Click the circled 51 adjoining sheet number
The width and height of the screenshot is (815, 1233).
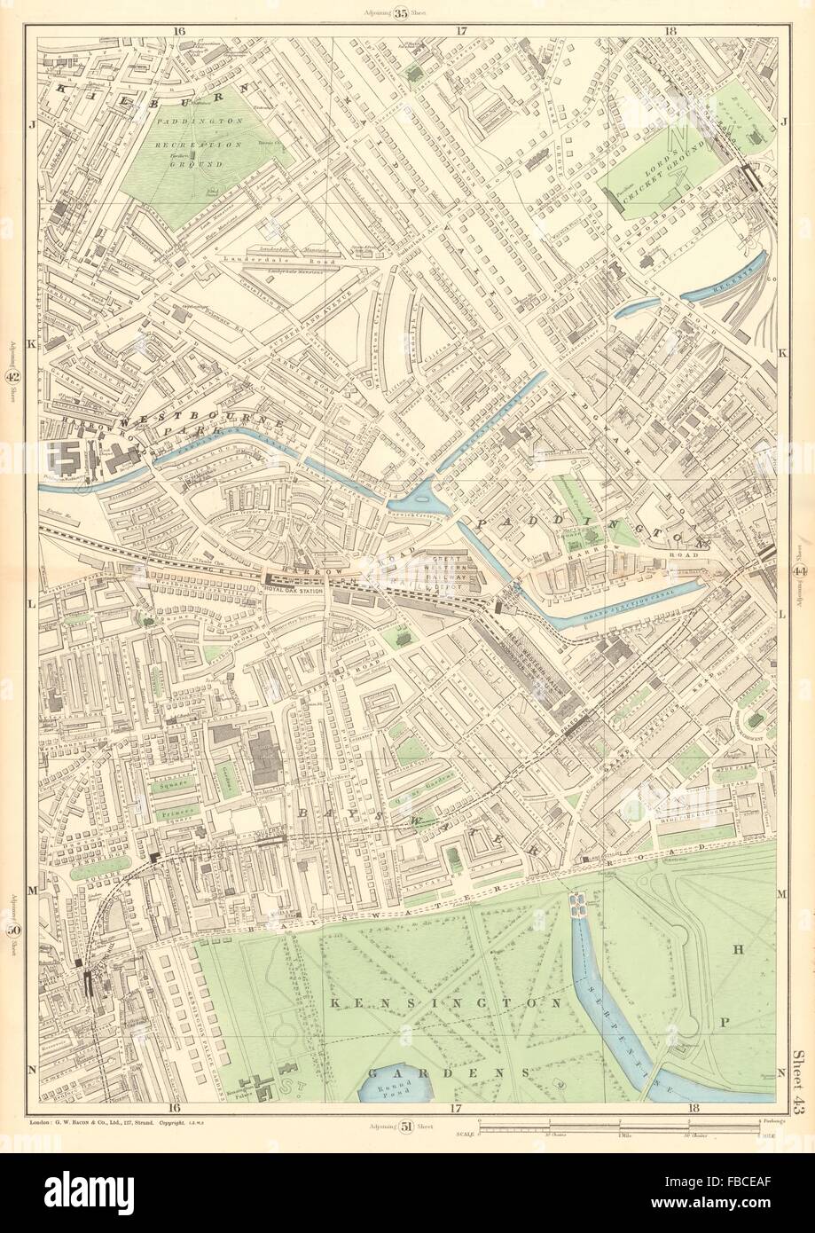click(407, 1127)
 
